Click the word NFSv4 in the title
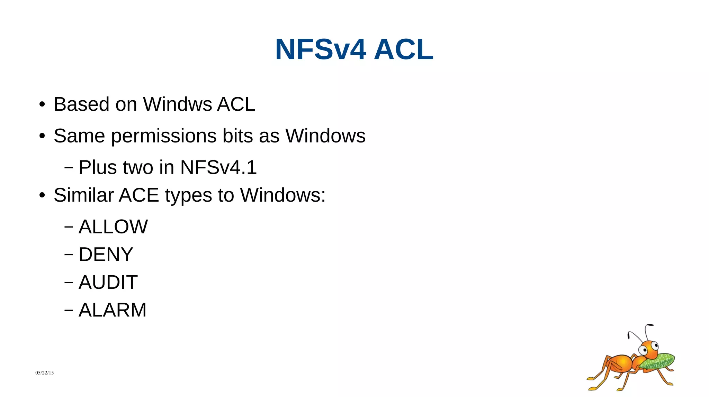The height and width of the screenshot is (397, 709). pos(321,50)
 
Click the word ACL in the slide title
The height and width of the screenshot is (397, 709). pos(403,50)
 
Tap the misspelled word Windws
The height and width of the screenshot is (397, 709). pos(177,104)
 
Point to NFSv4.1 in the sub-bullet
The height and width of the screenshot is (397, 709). pos(218,167)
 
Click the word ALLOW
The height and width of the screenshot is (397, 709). pos(113,227)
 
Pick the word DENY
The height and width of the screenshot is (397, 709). pos(106,255)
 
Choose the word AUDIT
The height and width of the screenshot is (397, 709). pos(108,282)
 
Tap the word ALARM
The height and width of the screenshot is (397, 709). pos(113,310)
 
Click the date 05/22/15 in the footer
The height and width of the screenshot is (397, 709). pos(45,373)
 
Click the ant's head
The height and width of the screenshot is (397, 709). pos(649,349)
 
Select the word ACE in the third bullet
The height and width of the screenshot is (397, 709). pos(139,195)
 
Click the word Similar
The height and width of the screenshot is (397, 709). pos(83,195)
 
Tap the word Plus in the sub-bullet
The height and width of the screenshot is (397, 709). pos(98,167)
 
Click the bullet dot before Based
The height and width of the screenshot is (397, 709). pos(42,104)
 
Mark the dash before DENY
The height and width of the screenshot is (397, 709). pos(69,255)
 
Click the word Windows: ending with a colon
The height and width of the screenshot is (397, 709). pos(283,195)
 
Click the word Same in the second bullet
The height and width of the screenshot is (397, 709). pos(79,136)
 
